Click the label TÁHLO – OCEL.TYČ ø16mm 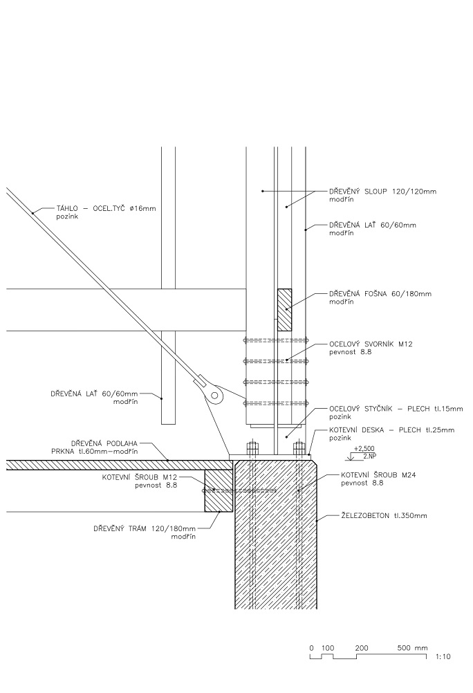pos(106,208)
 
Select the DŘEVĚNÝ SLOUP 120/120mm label pos(383,192)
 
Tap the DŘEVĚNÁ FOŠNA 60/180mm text pos(380,293)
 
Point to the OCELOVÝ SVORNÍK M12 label pos(371,344)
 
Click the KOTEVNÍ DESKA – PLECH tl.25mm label pos(391,429)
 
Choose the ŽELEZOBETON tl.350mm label pos(384,515)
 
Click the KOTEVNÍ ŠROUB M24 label pos(378,475)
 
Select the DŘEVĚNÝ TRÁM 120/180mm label pos(145,528)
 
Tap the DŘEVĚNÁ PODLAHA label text pos(104,443)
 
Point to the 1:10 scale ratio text pos(443,657)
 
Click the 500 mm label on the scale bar pos(412,648)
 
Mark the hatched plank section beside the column pos(284,310)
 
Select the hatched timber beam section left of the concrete pos(219,490)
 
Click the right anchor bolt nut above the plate pos(299,447)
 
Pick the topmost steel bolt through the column pos(275,340)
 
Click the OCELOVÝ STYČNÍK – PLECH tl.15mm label pos(396,409)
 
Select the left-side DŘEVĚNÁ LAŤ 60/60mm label pos(94,394)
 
